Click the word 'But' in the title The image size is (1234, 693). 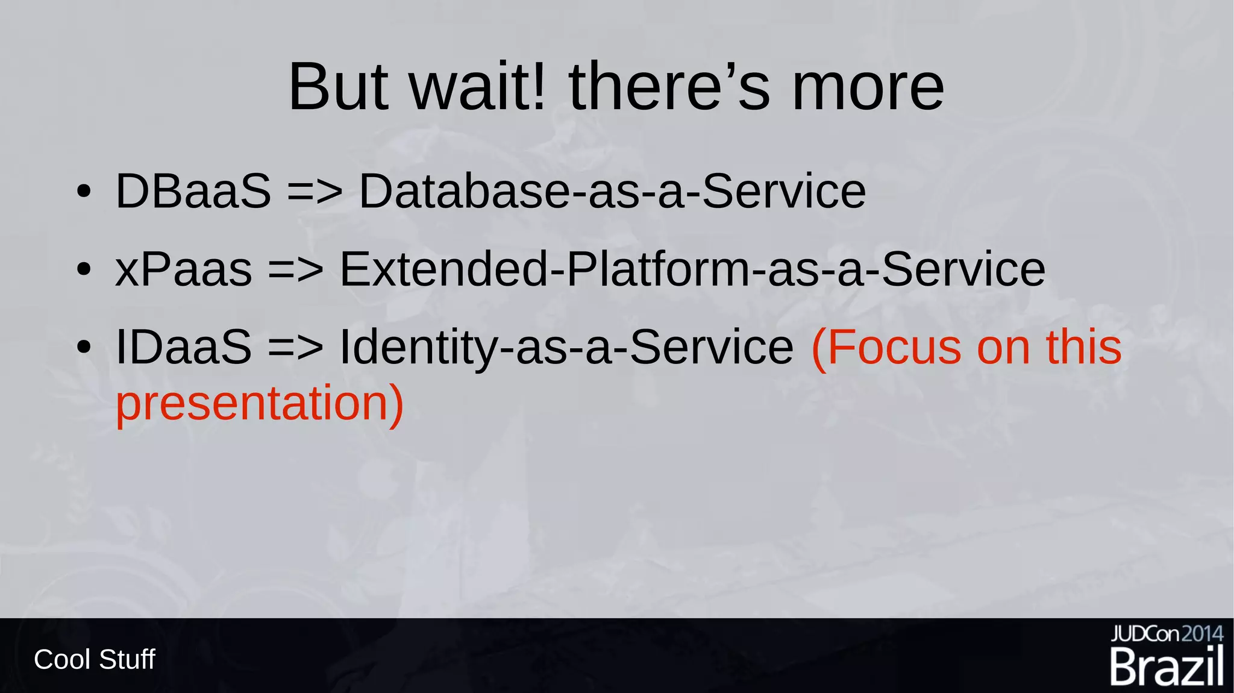338,87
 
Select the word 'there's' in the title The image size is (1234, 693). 669,87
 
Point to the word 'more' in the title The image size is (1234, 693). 868,87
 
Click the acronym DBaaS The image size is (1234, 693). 193,192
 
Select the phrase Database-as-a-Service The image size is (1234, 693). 612,192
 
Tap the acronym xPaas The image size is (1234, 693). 184,269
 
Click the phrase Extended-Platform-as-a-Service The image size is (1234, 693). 692,269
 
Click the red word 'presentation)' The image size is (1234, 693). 259,403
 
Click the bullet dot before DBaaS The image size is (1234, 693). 84,193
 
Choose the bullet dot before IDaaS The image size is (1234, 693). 84,348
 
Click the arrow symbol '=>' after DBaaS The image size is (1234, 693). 315,192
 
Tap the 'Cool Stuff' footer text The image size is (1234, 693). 95,659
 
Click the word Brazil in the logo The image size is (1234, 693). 1167,667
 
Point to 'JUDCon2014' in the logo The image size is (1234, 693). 1167,634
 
